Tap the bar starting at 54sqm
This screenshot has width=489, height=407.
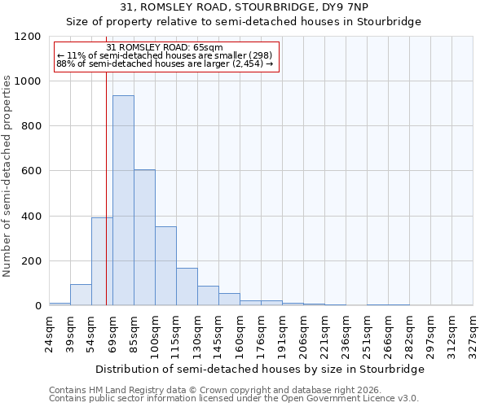point(102,261)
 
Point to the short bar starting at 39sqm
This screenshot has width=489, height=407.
point(81,295)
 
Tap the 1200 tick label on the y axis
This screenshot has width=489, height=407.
point(29,37)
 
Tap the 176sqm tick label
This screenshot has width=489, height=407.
point(261,334)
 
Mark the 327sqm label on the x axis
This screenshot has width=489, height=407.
point(473,334)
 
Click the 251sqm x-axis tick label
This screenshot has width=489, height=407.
point(367,334)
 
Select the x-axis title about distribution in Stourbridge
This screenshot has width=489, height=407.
point(260,369)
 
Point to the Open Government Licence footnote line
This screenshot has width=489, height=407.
point(234,398)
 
